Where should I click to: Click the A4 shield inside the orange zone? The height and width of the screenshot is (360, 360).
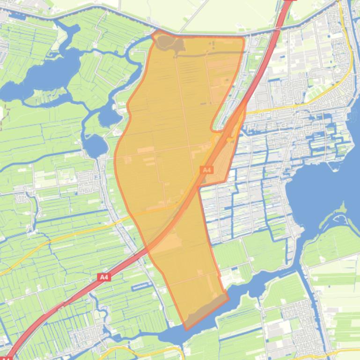point(206,170)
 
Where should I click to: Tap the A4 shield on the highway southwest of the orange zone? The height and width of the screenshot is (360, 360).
point(104,277)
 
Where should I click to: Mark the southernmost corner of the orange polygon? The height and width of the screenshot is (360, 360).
point(186,329)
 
